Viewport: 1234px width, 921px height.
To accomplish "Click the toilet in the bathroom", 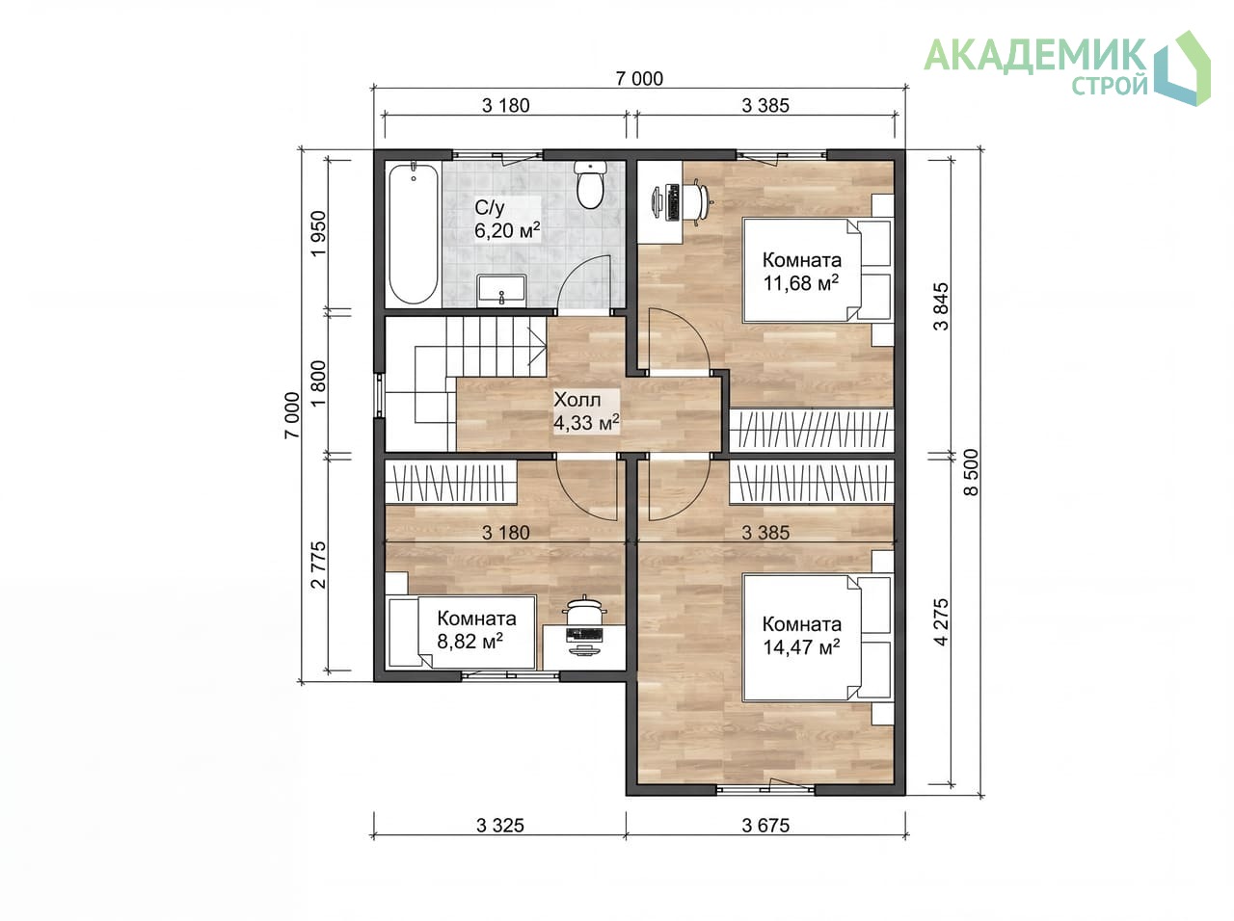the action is (x=590, y=184).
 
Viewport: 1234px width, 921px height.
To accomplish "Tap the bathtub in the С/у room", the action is (x=414, y=233).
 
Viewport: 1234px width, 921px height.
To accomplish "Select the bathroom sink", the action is (x=501, y=290).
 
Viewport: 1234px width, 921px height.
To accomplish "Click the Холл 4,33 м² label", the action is (x=586, y=411).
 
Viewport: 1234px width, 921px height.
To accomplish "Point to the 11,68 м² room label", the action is (x=801, y=272).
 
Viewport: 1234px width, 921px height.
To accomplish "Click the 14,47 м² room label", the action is (x=801, y=636).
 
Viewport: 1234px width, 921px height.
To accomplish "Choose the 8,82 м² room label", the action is (x=476, y=629).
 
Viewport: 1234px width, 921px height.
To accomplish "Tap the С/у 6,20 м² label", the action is (x=507, y=219).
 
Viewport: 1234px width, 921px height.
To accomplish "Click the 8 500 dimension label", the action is (x=971, y=472).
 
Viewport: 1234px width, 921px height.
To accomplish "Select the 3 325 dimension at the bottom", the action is (x=499, y=826).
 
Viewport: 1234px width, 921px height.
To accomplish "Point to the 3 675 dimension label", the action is (x=765, y=826).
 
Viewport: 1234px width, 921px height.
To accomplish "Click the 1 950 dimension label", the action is (x=318, y=233).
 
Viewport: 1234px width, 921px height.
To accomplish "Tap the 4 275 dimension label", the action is (x=941, y=621).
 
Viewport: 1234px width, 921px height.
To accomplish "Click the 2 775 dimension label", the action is (x=318, y=565).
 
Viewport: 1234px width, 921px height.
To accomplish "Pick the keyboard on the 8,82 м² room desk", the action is (x=584, y=635).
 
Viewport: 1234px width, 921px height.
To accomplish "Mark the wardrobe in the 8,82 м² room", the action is (x=450, y=482).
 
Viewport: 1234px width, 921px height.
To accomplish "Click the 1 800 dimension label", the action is (x=318, y=383).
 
